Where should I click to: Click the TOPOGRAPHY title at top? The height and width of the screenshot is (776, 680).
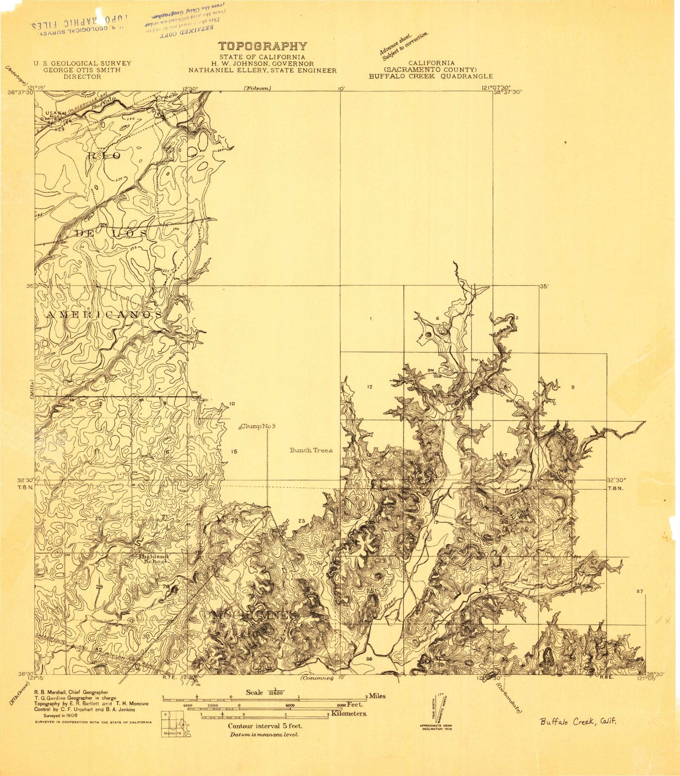tap(262, 46)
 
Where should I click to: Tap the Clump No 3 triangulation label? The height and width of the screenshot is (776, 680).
tap(258, 426)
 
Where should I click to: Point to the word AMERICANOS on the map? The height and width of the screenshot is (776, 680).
tap(104, 314)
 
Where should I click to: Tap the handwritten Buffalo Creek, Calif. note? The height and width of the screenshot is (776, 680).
tap(578, 722)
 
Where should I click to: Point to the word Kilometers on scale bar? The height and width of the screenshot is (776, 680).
tap(349, 713)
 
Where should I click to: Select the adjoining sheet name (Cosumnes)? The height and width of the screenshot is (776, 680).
tap(317, 678)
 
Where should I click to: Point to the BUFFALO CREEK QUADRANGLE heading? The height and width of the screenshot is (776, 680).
tap(430, 76)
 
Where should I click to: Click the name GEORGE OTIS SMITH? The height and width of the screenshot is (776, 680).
tap(82, 70)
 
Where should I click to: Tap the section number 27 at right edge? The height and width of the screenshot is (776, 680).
tap(640, 591)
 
